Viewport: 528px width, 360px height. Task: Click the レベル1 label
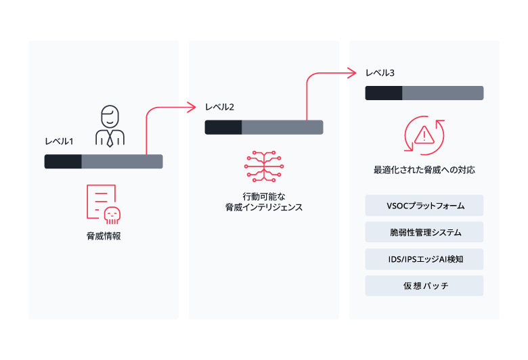click(59, 141)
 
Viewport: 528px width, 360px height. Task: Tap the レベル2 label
click(219, 108)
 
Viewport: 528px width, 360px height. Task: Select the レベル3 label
click(380, 73)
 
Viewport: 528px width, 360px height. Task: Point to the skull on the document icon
click(112, 214)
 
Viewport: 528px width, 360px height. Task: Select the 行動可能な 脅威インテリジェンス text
click(263, 201)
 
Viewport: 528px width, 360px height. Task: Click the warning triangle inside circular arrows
click(424, 135)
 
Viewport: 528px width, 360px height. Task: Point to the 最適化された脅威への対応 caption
click(424, 171)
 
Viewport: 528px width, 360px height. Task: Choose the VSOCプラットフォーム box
click(424, 205)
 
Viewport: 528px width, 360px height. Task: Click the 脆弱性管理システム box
click(424, 232)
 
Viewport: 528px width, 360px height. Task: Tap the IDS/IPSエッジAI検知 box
click(424, 258)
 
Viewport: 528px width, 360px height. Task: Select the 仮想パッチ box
click(424, 286)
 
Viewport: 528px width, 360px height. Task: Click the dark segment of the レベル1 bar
click(63, 161)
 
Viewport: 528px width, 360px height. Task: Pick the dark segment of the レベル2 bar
click(223, 127)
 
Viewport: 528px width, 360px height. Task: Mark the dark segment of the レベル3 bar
click(384, 93)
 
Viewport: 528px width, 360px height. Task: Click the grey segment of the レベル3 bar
click(443, 93)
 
